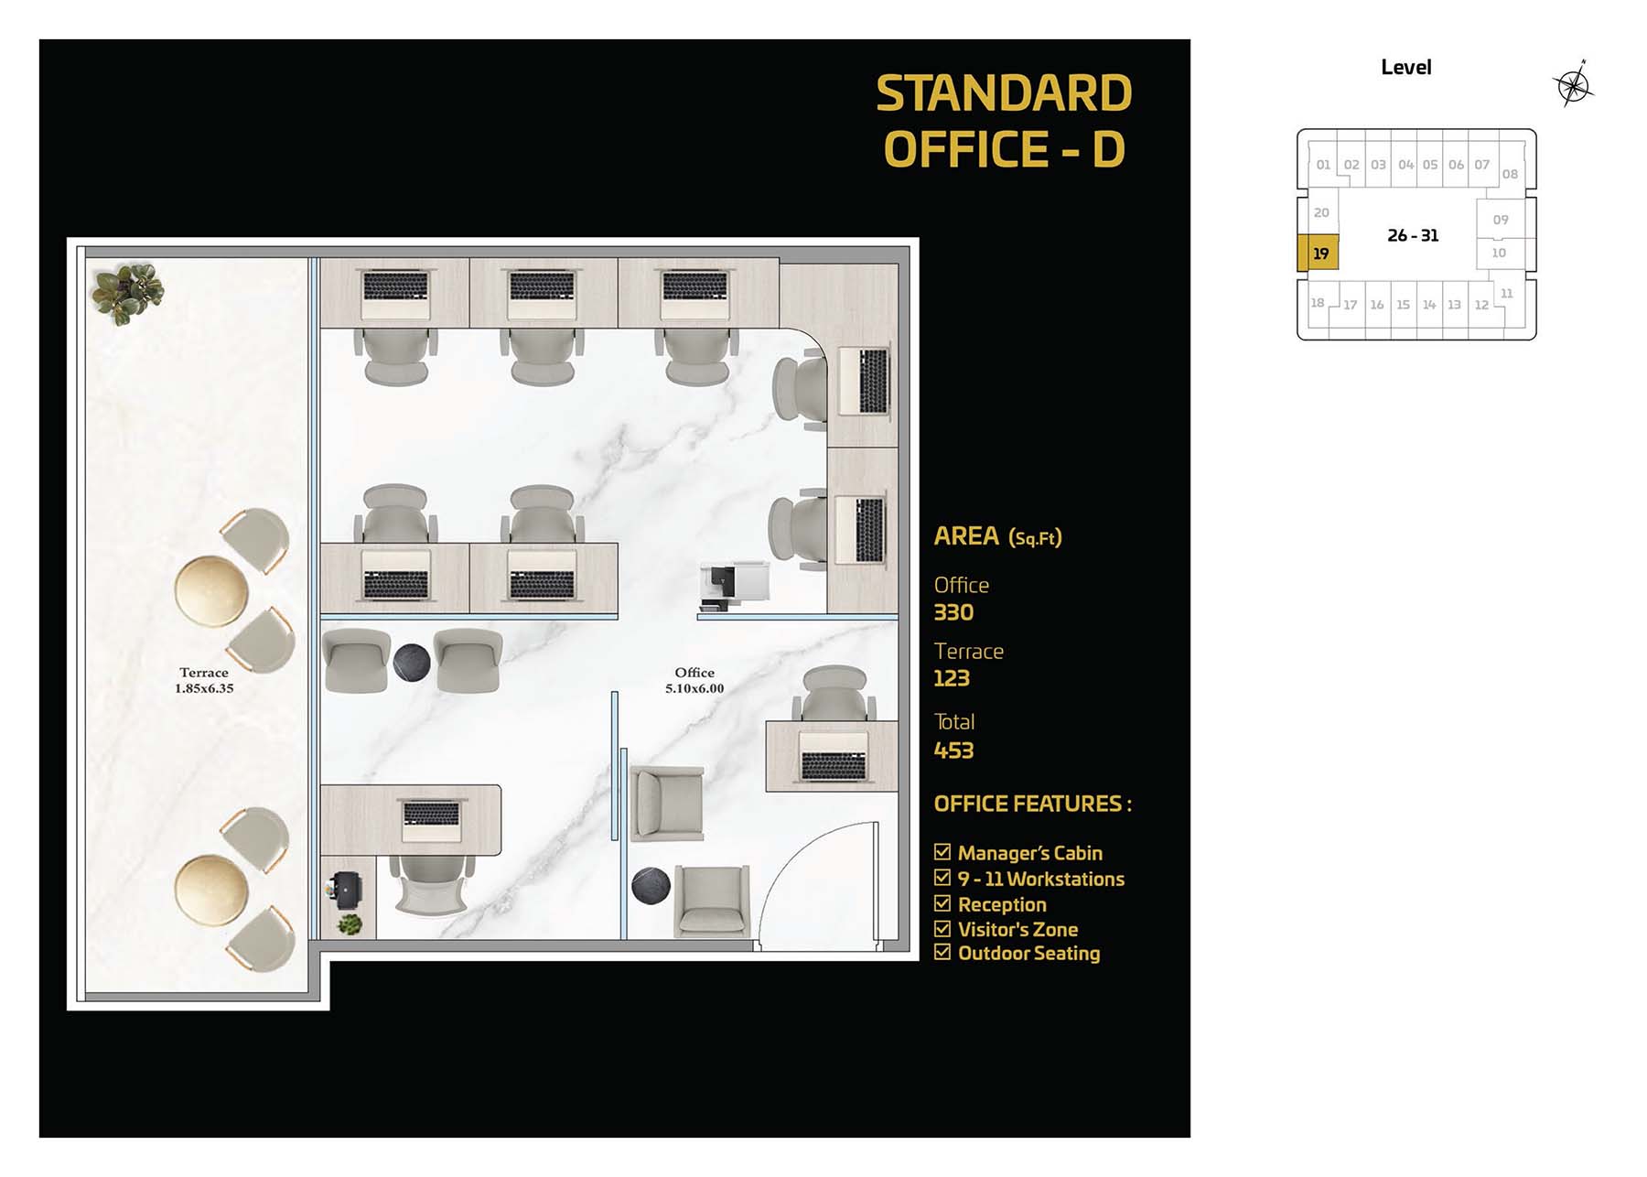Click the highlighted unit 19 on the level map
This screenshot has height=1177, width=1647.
(x=1318, y=253)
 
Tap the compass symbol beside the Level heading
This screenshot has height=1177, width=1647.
(x=1574, y=85)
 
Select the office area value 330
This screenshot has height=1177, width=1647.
(x=953, y=612)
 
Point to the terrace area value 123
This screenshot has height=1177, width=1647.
(x=952, y=678)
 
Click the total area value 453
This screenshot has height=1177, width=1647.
(x=953, y=750)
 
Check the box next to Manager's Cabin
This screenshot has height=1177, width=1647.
(x=942, y=852)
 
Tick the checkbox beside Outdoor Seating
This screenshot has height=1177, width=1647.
(x=942, y=952)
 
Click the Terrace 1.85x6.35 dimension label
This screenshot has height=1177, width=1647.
(x=204, y=680)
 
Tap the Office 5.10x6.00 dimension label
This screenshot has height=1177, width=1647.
(x=694, y=680)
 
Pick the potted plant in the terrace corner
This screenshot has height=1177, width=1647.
(x=126, y=293)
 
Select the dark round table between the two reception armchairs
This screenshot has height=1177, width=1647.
(x=412, y=663)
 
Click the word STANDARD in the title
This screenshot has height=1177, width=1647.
(x=1004, y=93)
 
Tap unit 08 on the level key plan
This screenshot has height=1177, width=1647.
(x=1510, y=174)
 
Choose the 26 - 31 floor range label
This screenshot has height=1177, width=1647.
(x=1413, y=235)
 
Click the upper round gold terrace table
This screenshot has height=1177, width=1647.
(x=211, y=591)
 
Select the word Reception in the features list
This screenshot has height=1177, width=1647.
(x=1002, y=904)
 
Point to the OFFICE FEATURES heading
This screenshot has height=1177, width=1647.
(x=1032, y=804)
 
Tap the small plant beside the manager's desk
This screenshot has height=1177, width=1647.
(x=349, y=923)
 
